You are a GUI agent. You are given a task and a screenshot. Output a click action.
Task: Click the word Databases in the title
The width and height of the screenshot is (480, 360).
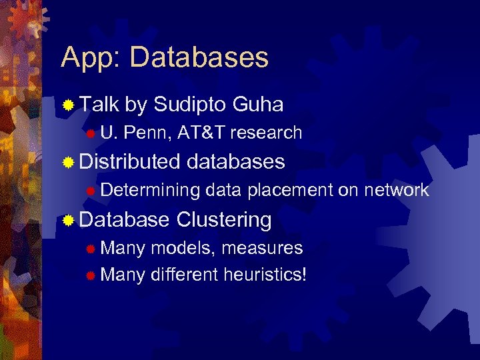(x=199, y=57)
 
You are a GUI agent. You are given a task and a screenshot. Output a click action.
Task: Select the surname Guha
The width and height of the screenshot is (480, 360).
(x=259, y=104)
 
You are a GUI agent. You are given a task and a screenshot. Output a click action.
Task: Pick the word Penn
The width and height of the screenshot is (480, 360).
(x=147, y=133)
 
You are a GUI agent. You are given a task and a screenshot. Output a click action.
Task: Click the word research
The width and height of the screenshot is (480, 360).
(x=267, y=133)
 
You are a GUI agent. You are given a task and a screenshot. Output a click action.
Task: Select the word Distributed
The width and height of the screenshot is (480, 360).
(x=130, y=161)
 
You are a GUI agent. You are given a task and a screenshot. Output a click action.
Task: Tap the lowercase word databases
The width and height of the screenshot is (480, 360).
(x=236, y=161)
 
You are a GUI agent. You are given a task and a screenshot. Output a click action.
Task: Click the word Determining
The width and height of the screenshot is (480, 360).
(x=151, y=191)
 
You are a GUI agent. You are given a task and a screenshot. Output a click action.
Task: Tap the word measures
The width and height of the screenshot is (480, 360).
(x=262, y=248)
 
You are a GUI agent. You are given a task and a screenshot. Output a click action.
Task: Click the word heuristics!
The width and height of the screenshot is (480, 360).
(x=265, y=274)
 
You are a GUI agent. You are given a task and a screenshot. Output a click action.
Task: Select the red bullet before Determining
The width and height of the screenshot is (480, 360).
(x=90, y=191)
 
